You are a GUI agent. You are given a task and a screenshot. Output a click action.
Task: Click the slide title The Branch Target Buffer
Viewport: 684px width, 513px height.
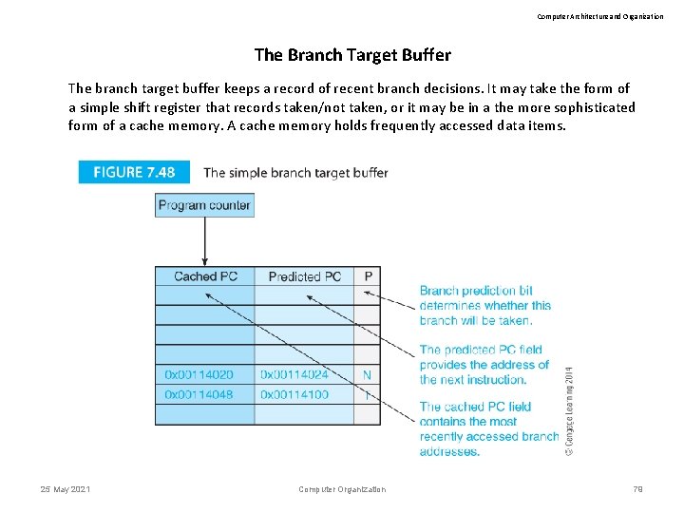[352, 55]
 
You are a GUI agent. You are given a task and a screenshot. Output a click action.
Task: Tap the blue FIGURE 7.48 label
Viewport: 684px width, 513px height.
[134, 172]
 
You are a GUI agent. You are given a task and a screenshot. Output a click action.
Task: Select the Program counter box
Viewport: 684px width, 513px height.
[204, 204]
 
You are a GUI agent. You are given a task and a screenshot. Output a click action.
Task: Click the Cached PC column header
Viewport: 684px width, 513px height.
[205, 276]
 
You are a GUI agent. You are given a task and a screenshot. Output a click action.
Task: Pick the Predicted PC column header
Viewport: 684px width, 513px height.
[304, 276]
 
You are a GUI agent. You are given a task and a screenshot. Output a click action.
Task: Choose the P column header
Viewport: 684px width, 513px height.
[368, 276]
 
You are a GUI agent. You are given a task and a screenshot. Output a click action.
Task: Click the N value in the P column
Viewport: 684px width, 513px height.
[368, 375]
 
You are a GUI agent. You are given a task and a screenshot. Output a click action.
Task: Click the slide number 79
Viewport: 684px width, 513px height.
[638, 489]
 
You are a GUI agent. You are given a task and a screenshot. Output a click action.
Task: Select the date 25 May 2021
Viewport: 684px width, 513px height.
[66, 489]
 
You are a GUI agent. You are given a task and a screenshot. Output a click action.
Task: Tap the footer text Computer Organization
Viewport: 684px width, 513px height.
[342, 489]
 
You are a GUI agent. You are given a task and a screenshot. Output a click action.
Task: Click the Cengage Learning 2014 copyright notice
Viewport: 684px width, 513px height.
[569, 409]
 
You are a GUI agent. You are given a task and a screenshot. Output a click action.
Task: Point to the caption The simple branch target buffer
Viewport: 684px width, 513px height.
[295, 172]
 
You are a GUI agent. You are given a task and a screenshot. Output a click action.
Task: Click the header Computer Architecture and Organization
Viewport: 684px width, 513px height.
[600, 16]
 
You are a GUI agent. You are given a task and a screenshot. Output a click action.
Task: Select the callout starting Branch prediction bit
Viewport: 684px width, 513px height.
[485, 306]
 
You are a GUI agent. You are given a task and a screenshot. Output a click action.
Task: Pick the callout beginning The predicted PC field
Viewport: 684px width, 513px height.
[484, 365]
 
